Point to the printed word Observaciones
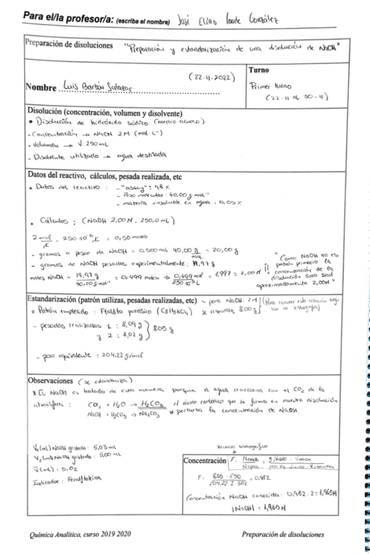[52, 380]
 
